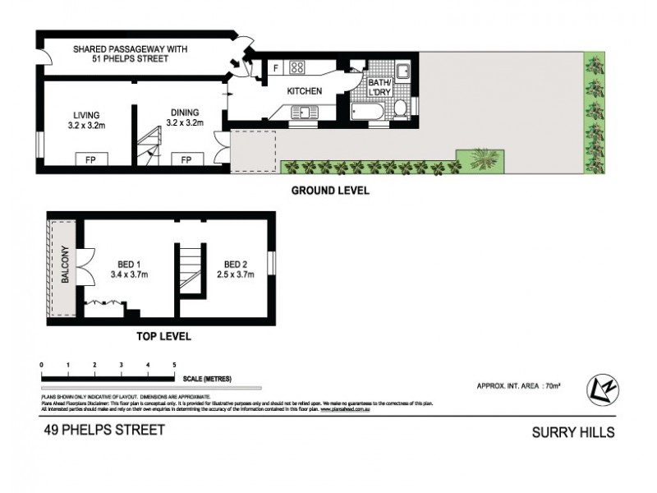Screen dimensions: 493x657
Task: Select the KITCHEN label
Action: click(x=304, y=91)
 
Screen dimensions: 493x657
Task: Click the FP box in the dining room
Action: click(x=186, y=159)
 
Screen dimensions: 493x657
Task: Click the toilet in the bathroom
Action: click(x=401, y=108)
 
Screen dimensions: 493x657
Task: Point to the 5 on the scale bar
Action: click(x=174, y=364)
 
